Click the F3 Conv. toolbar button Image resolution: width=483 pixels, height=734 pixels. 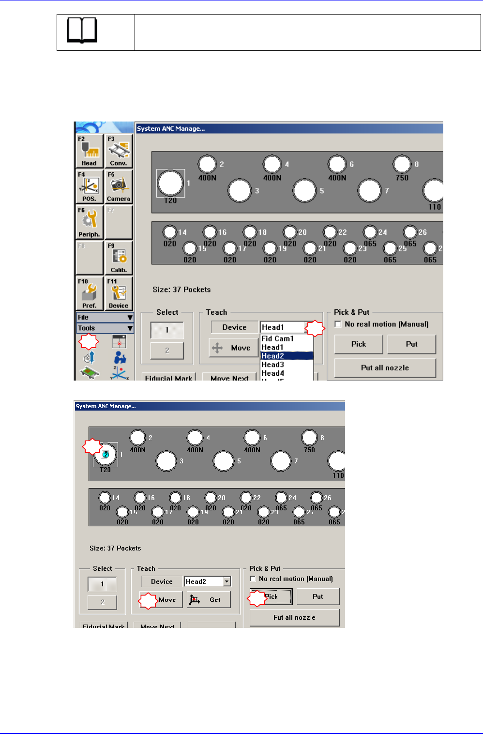tap(119, 151)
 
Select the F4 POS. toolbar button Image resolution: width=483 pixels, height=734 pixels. tap(90, 186)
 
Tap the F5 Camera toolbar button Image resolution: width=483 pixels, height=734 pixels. tap(119, 186)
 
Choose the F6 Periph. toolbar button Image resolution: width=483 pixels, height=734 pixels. tap(90, 222)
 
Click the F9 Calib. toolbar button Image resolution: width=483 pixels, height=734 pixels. tap(119, 258)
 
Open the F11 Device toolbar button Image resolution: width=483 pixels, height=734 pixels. tap(119, 293)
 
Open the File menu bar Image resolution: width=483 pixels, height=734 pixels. tap(105, 317)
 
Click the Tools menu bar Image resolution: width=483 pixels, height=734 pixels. tap(105, 328)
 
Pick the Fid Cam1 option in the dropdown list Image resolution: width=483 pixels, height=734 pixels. tap(278, 338)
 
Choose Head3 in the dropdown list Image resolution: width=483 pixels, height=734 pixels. tap(273, 365)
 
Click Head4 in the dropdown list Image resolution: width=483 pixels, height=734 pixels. tap(273, 373)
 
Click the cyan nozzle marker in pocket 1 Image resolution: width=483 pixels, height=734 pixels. tap(106, 455)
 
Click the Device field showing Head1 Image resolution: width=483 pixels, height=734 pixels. tap(283, 327)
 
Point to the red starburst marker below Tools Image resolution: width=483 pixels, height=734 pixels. tap(89, 341)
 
